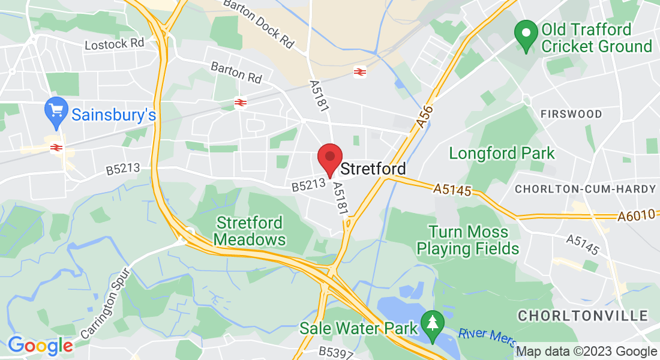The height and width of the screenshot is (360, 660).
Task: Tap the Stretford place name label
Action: pos(373,169)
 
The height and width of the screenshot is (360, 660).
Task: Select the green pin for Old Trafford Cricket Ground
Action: pos(526,35)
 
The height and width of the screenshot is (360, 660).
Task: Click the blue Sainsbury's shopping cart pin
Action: pos(56,113)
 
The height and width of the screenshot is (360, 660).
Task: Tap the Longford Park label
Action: pos(502,154)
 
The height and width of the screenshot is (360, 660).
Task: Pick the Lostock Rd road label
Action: pos(115,44)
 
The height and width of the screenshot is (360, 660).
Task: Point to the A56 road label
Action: pos(424,115)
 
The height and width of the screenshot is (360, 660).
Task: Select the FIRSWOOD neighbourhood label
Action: pos(563,114)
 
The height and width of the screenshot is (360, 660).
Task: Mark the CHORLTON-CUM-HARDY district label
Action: pos(586,189)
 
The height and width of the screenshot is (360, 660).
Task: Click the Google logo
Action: pos(40,346)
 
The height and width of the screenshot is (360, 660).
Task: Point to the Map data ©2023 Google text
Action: pos(586,352)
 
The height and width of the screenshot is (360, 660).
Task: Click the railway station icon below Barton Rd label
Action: pos(241,103)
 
